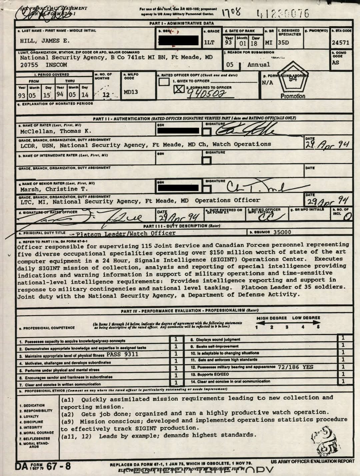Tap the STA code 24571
(x=340, y=43)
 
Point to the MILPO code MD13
(x=131, y=92)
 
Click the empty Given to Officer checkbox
(x=164, y=81)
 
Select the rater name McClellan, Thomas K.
(x=56, y=131)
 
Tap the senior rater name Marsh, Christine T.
(x=54, y=189)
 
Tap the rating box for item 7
(x=176, y=383)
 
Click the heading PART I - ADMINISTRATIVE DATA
(x=182, y=23)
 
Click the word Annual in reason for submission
(x=259, y=65)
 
